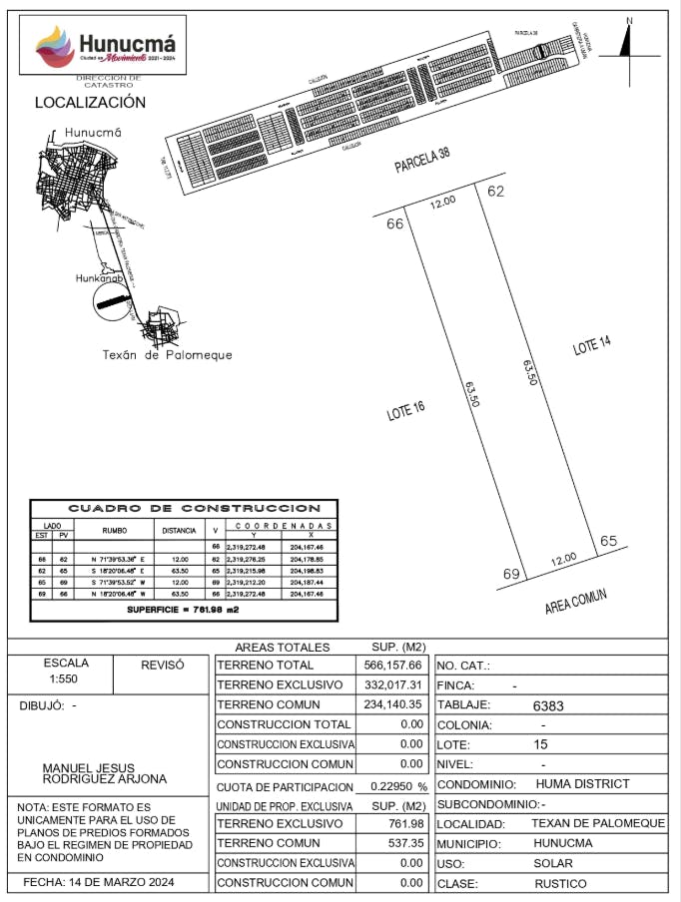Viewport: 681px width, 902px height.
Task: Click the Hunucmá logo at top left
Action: pos(104,46)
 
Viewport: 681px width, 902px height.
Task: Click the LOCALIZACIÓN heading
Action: pos(90,102)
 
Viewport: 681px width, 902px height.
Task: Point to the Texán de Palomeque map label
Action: pos(168,354)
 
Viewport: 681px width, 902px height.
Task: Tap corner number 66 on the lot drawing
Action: pos(394,224)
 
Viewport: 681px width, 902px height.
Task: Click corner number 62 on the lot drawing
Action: pos(496,191)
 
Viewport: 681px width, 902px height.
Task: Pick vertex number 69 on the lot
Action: pos(512,575)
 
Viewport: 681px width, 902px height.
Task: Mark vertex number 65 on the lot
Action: pos(609,541)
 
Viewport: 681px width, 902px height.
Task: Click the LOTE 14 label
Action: pos(591,346)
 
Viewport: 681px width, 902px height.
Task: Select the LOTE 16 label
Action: pos(406,410)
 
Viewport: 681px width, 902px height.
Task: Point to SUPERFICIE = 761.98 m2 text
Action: pos(183,609)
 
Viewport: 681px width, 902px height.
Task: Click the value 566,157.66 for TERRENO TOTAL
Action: pos(397,665)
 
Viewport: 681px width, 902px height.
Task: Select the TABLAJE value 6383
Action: pos(548,704)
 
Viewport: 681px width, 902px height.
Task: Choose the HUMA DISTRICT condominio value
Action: pos(582,784)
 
